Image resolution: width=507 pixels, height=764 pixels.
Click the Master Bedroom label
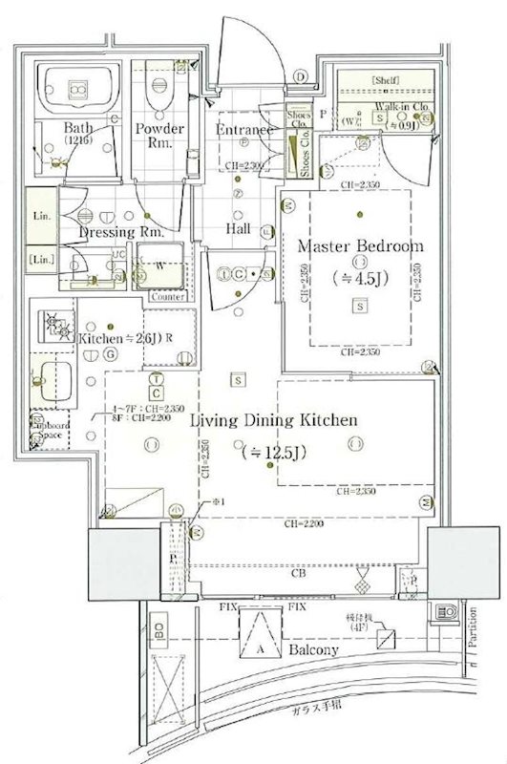click(360, 245)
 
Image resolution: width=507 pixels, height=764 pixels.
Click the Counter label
click(167, 297)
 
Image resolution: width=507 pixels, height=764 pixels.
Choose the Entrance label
click(245, 129)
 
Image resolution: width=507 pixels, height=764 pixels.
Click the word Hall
click(238, 229)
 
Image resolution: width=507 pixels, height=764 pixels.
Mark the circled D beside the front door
click(300, 76)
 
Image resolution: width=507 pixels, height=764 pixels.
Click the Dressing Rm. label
click(121, 231)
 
